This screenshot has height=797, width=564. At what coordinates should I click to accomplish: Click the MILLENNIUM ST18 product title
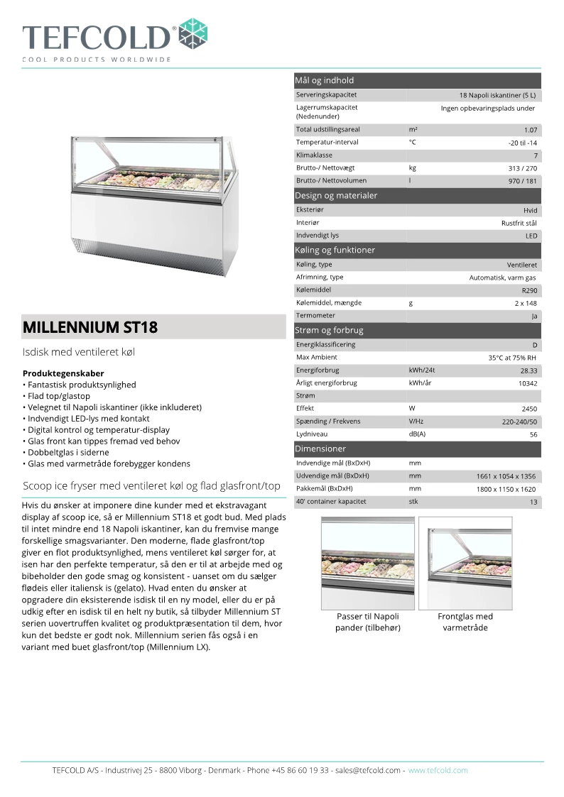point(91,328)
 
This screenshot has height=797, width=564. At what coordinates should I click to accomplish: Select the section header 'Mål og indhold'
point(325,80)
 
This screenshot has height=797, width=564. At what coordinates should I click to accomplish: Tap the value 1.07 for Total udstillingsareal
point(530,130)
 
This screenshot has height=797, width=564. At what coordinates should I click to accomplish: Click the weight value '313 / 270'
point(524,168)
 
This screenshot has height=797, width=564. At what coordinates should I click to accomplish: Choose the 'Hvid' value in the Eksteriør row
point(531,210)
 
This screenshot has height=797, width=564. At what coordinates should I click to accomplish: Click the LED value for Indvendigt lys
point(531,236)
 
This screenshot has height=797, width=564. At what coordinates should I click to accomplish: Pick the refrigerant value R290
point(529,290)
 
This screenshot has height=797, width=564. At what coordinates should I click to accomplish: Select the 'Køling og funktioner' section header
point(335,250)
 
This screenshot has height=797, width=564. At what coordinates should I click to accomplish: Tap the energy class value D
point(535,345)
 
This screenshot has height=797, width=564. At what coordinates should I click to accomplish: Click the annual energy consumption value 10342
point(528,383)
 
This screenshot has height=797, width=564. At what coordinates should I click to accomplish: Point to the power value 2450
point(529,409)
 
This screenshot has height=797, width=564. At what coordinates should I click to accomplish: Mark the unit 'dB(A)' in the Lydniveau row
point(417,434)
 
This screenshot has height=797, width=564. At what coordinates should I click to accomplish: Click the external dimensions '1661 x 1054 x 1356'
point(506,476)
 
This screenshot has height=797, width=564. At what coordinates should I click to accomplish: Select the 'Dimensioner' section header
point(320,449)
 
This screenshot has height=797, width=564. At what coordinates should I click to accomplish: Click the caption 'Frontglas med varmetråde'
point(465,622)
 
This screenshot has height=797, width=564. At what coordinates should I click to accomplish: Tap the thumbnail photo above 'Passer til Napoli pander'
point(368,561)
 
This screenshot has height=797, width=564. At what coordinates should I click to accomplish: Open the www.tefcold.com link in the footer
point(438,770)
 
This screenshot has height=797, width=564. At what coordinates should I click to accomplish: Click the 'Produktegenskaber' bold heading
point(63,373)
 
